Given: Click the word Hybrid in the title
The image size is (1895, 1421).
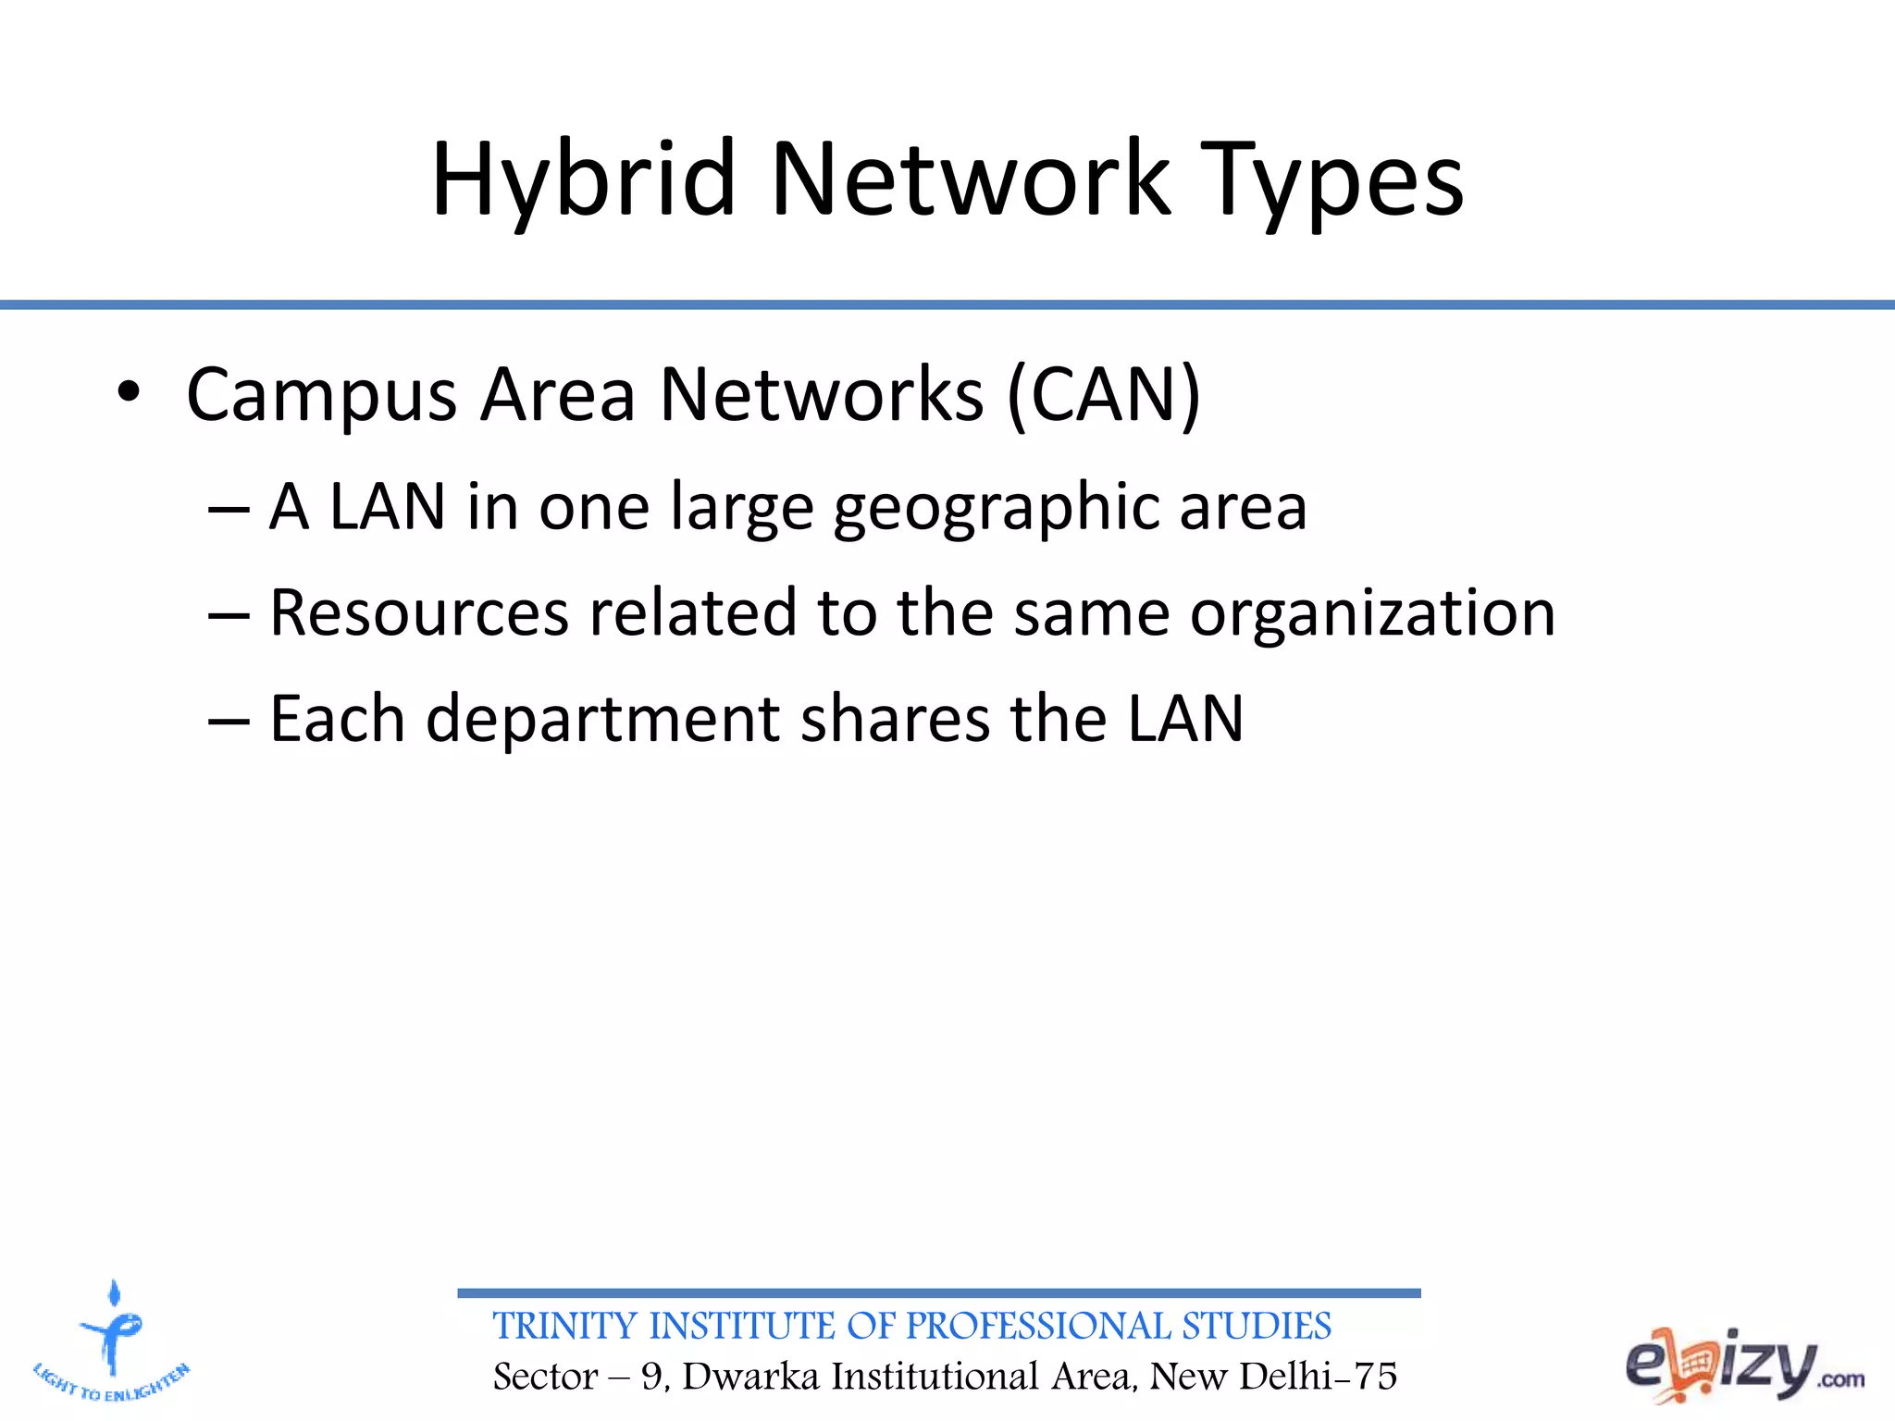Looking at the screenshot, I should (583, 180).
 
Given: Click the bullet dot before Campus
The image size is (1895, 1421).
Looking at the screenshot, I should (129, 394).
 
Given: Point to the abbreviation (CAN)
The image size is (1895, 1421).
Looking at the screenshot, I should (1103, 396).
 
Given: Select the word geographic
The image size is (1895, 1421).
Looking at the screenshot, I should (996, 509).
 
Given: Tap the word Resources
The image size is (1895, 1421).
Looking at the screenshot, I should (418, 612).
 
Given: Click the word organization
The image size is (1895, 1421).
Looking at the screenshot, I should (1372, 614).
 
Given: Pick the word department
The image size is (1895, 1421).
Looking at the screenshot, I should (602, 720).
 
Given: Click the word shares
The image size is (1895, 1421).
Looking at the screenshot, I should (895, 719).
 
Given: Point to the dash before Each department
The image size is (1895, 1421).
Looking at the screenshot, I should (229, 720).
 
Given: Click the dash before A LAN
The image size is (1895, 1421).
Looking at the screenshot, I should (229, 509).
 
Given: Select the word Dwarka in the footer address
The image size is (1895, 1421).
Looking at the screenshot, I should (750, 1377).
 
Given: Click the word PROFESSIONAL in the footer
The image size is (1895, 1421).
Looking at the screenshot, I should (1040, 1327).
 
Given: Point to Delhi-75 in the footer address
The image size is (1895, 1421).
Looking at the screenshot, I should (1318, 1377).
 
